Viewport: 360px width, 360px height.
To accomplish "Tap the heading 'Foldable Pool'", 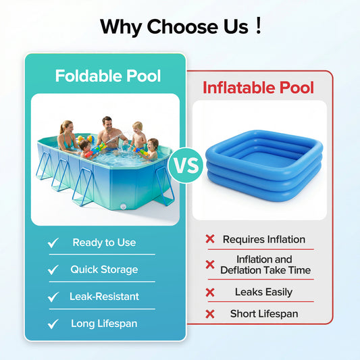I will tap(108, 76).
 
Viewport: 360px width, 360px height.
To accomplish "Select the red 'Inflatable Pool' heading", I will tap(259, 88).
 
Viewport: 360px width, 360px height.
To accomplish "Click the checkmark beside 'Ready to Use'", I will tap(53, 243).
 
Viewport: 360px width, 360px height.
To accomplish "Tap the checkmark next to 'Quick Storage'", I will tap(53, 270).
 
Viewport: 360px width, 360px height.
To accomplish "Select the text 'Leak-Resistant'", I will tap(104, 297).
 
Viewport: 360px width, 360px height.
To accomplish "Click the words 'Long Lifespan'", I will tap(104, 324).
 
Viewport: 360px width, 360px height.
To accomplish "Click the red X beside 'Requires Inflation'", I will tap(210, 239).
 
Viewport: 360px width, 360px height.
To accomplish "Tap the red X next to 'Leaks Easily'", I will tap(210, 292).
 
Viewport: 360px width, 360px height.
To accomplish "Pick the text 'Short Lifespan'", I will tap(264, 313).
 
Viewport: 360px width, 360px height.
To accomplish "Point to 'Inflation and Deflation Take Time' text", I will tap(265, 265).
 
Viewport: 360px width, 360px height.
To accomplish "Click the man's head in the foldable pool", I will tap(107, 123).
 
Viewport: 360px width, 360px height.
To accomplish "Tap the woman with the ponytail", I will tap(67, 135).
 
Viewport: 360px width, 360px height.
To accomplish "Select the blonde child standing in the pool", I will tap(138, 135).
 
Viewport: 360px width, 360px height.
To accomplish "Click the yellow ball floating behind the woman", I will tap(80, 138).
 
